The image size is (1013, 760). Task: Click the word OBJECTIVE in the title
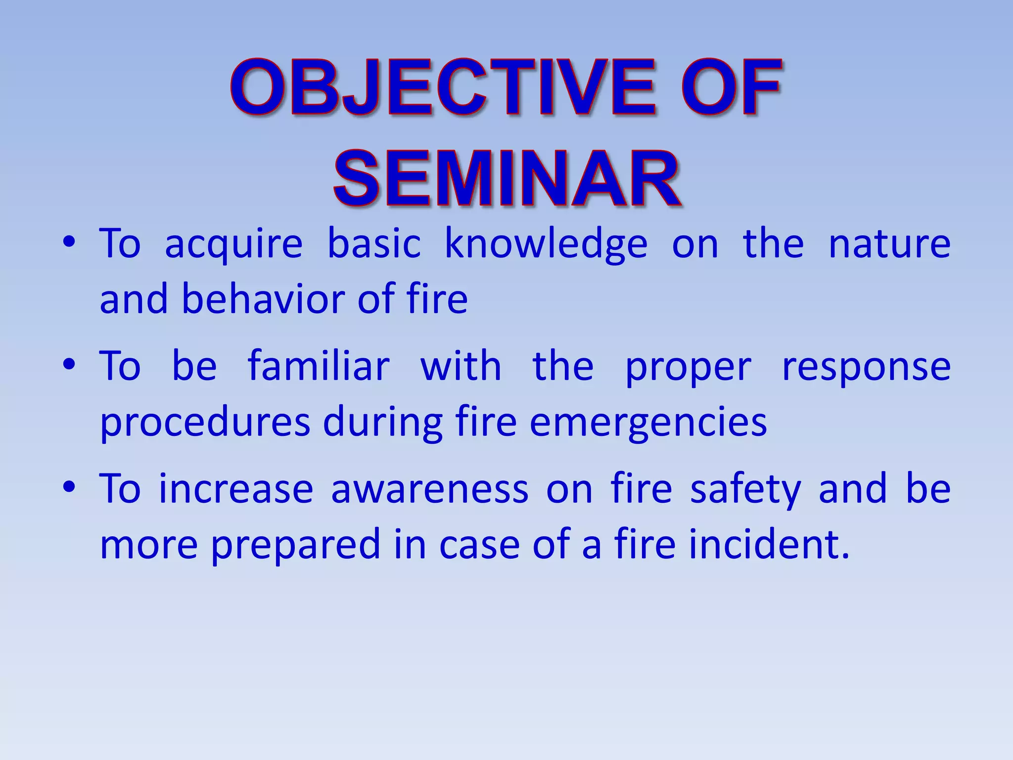tap(443, 88)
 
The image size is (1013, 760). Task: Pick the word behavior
tap(264, 299)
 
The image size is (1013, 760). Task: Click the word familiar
tap(319, 366)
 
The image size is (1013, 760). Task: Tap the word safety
tap(745, 490)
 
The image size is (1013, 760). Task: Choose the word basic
tap(374, 243)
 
